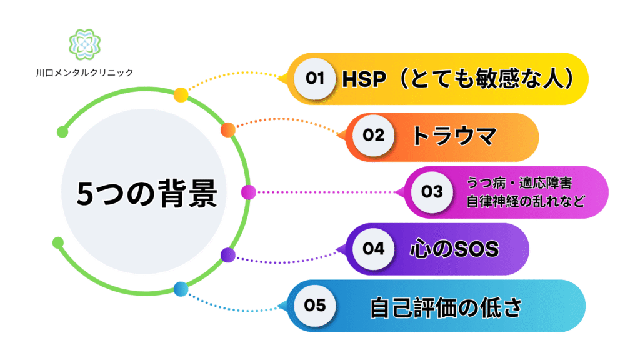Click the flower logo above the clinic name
84,44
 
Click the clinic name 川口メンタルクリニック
84,72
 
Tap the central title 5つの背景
147,194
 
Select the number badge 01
315,78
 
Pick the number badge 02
374,135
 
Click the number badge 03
432,192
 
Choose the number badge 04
374,249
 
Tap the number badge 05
315,305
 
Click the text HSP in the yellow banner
364,79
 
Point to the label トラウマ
454,136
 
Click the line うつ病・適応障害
519,183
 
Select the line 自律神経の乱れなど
526,201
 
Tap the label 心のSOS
454,249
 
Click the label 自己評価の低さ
446,307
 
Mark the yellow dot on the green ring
181,95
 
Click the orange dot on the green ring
227,130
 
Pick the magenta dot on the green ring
248,192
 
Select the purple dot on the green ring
227,255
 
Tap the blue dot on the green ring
181,289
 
